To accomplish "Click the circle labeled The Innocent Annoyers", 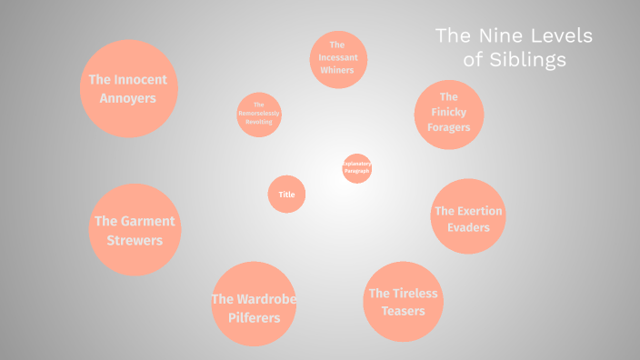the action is click(x=128, y=88).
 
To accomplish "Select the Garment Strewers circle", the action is click(x=135, y=230).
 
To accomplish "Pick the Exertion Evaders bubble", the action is click(x=468, y=216).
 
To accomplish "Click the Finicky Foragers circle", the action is click(x=448, y=113).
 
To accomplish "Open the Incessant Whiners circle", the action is click(x=337, y=59).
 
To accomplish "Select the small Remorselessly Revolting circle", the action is click(x=259, y=114).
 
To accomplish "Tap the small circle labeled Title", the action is click(x=286, y=194).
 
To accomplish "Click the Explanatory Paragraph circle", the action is click(x=357, y=168).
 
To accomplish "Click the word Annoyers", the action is click(x=128, y=97).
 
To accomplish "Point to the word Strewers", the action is click(x=135, y=241).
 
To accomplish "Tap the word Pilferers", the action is click(x=255, y=317).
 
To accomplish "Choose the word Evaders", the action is click(x=468, y=227).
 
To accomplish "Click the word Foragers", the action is click(x=449, y=127).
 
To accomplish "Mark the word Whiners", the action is click(x=337, y=69).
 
